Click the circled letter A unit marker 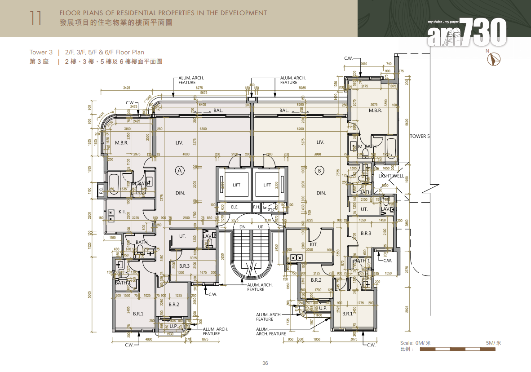tap(180, 170)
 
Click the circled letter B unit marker tap(320, 170)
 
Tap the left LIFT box tap(237, 185)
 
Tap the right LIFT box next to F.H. tap(267, 185)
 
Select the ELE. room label tap(235, 207)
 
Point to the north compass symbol tap(496, 59)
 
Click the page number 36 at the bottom tap(265, 363)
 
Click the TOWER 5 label tap(420, 136)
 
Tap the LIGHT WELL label tap(391, 176)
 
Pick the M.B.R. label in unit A tap(122, 143)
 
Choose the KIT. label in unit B tap(314, 245)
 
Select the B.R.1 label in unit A tap(138, 314)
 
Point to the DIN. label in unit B tap(321, 193)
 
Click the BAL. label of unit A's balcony tap(218, 110)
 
